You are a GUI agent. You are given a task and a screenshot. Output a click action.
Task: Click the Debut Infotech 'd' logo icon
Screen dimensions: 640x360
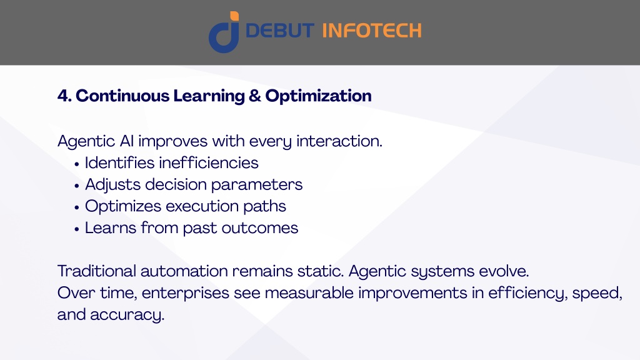(224, 32)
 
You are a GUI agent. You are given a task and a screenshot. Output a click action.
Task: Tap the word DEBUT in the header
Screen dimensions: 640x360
(280, 31)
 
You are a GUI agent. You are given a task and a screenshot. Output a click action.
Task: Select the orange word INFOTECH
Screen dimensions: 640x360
(372, 31)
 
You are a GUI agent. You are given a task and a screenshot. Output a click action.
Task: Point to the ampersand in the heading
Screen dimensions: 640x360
(255, 96)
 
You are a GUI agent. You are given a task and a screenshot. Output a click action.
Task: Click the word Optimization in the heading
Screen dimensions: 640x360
(318, 96)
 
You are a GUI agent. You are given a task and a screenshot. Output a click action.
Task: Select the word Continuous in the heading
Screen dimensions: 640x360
(122, 96)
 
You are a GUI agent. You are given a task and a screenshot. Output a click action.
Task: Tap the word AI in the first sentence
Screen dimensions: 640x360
(126, 141)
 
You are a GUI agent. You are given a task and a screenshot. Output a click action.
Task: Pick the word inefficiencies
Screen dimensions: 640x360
(209, 163)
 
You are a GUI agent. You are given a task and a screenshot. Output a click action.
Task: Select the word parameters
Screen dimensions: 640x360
(257, 185)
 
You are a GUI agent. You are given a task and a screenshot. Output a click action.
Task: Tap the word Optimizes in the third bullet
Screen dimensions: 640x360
(123, 206)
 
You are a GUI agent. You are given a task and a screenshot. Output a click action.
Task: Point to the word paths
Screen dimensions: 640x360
(264, 206)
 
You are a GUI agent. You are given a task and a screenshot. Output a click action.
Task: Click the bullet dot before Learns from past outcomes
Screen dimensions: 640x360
(77, 229)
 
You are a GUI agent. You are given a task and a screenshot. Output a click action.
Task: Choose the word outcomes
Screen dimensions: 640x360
(260, 228)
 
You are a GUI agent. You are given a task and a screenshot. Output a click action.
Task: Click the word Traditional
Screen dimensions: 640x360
(97, 271)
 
